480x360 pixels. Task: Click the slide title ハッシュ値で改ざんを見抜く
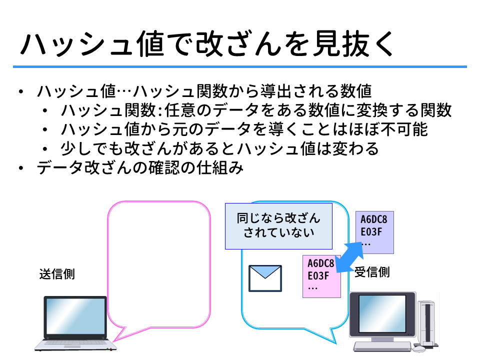pyautogui.click(x=207, y=44)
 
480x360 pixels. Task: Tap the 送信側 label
pyautogui.click(x=57, y=274)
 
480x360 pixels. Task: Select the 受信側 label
pyautogui.click(x=372, y=272)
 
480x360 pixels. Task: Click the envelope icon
pyautogui.click(x=265, y=278)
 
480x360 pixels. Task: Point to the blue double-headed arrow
pyautogui.click(x=349, y=257)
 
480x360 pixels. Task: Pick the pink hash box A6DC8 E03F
pyautogui.click(x=321, y=276)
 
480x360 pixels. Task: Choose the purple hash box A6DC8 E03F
pyautogui.click(x=374, y=232)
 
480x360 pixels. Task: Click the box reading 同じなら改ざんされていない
pyautogui.click(x=278, y=226)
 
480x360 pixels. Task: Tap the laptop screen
pyautogui.click(x=75, y=316)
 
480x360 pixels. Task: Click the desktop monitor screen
pyautogui.click(x=382, y=313)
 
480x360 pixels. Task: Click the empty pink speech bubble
pyautogui.click(x=159, y=202)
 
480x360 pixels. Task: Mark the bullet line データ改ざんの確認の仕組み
pyautogui.click(x=140, y=168)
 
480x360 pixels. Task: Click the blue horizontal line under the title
pyautogui.click(x=239, y=66)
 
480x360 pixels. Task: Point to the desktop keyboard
pyautogui.click(x=382, y=346)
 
